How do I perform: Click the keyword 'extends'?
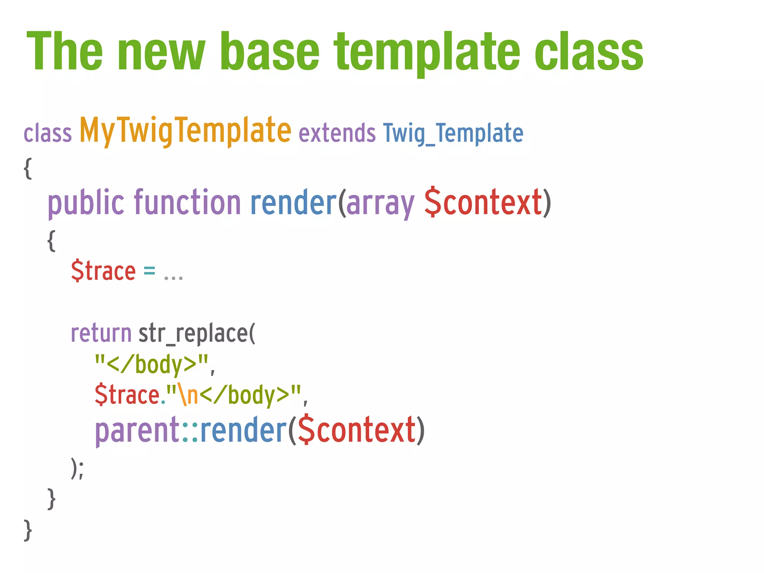(337, 133)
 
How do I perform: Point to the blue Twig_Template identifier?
(453, 133)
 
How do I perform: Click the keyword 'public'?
(86, 203)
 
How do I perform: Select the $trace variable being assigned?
(103, 271)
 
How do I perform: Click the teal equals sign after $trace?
(149, 271)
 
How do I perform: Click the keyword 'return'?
(101, 333)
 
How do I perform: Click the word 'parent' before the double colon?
(137, 431)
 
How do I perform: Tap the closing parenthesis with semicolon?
(77, 468)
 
